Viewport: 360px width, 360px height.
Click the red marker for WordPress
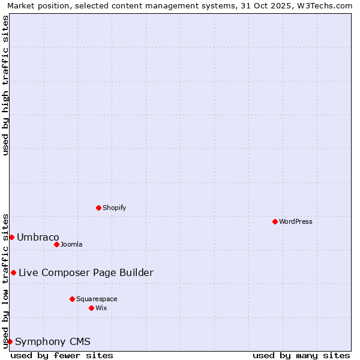coord(275,221)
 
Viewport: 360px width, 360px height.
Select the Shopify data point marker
coord(98,208)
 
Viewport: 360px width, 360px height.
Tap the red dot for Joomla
coord(56,244)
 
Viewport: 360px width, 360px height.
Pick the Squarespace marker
coord(72,299)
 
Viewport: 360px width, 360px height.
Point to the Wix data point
coord(91,308)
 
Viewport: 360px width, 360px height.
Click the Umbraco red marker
coord(11,237)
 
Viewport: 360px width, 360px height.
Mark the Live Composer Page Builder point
coord(13,272)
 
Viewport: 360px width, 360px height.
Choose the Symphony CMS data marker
coord(10,341)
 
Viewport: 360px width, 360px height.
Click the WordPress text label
coord(296,221)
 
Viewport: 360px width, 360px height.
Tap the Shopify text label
coord(114,208)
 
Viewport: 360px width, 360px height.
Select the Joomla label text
coord(71,244)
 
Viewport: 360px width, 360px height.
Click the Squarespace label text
coord(97,299)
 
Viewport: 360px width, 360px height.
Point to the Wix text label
coord(101,308)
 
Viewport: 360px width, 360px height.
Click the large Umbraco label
coord(38,237)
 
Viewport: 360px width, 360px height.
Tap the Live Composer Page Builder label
coord(86,272)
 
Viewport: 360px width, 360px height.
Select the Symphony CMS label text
coord(53,341)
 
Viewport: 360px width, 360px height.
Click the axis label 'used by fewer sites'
coord(62,355)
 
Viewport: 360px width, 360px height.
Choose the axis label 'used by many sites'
coord(301,355)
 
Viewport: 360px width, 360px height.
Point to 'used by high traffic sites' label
coord(6,85)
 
